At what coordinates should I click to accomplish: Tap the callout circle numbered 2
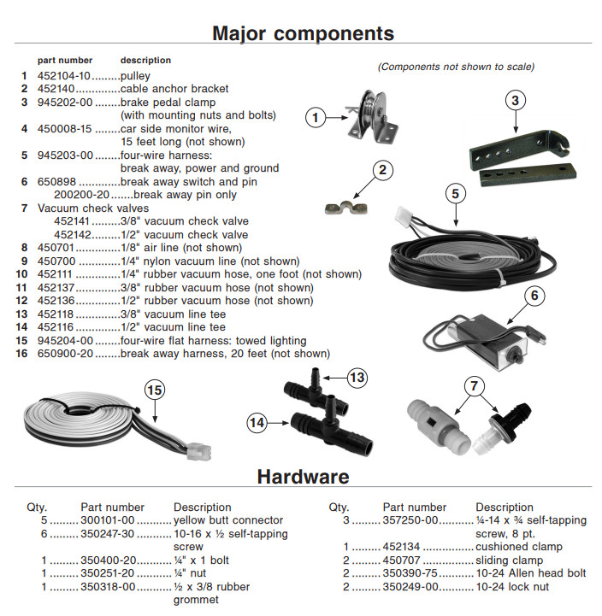[x=380, y=169]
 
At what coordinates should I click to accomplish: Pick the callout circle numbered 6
[x=534, y=296]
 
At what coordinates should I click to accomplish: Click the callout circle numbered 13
[x=357, y=377]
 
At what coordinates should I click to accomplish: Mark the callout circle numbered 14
[x=257, y=420]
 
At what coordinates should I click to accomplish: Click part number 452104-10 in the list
[x=65, y=75]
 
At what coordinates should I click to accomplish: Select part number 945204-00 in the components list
[x=65, y=341]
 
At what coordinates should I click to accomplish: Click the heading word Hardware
[x=303, y=477]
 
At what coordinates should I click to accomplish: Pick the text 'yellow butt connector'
[x=227, y=519]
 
